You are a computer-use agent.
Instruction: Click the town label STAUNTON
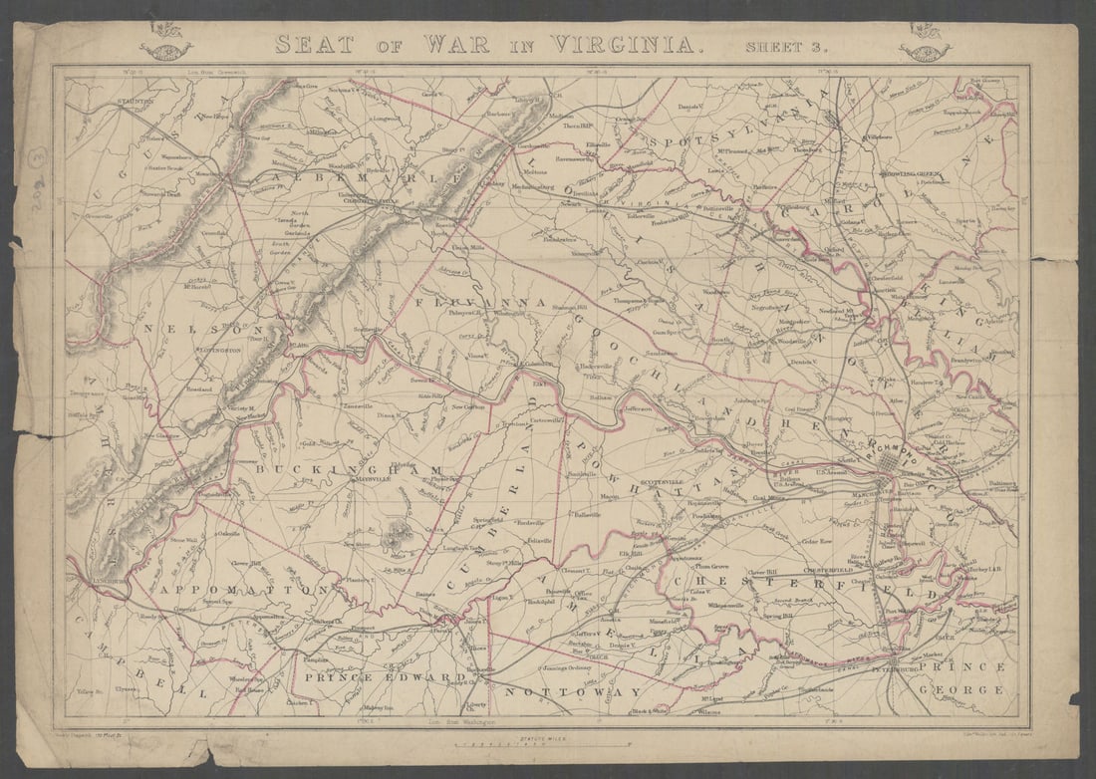133,102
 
